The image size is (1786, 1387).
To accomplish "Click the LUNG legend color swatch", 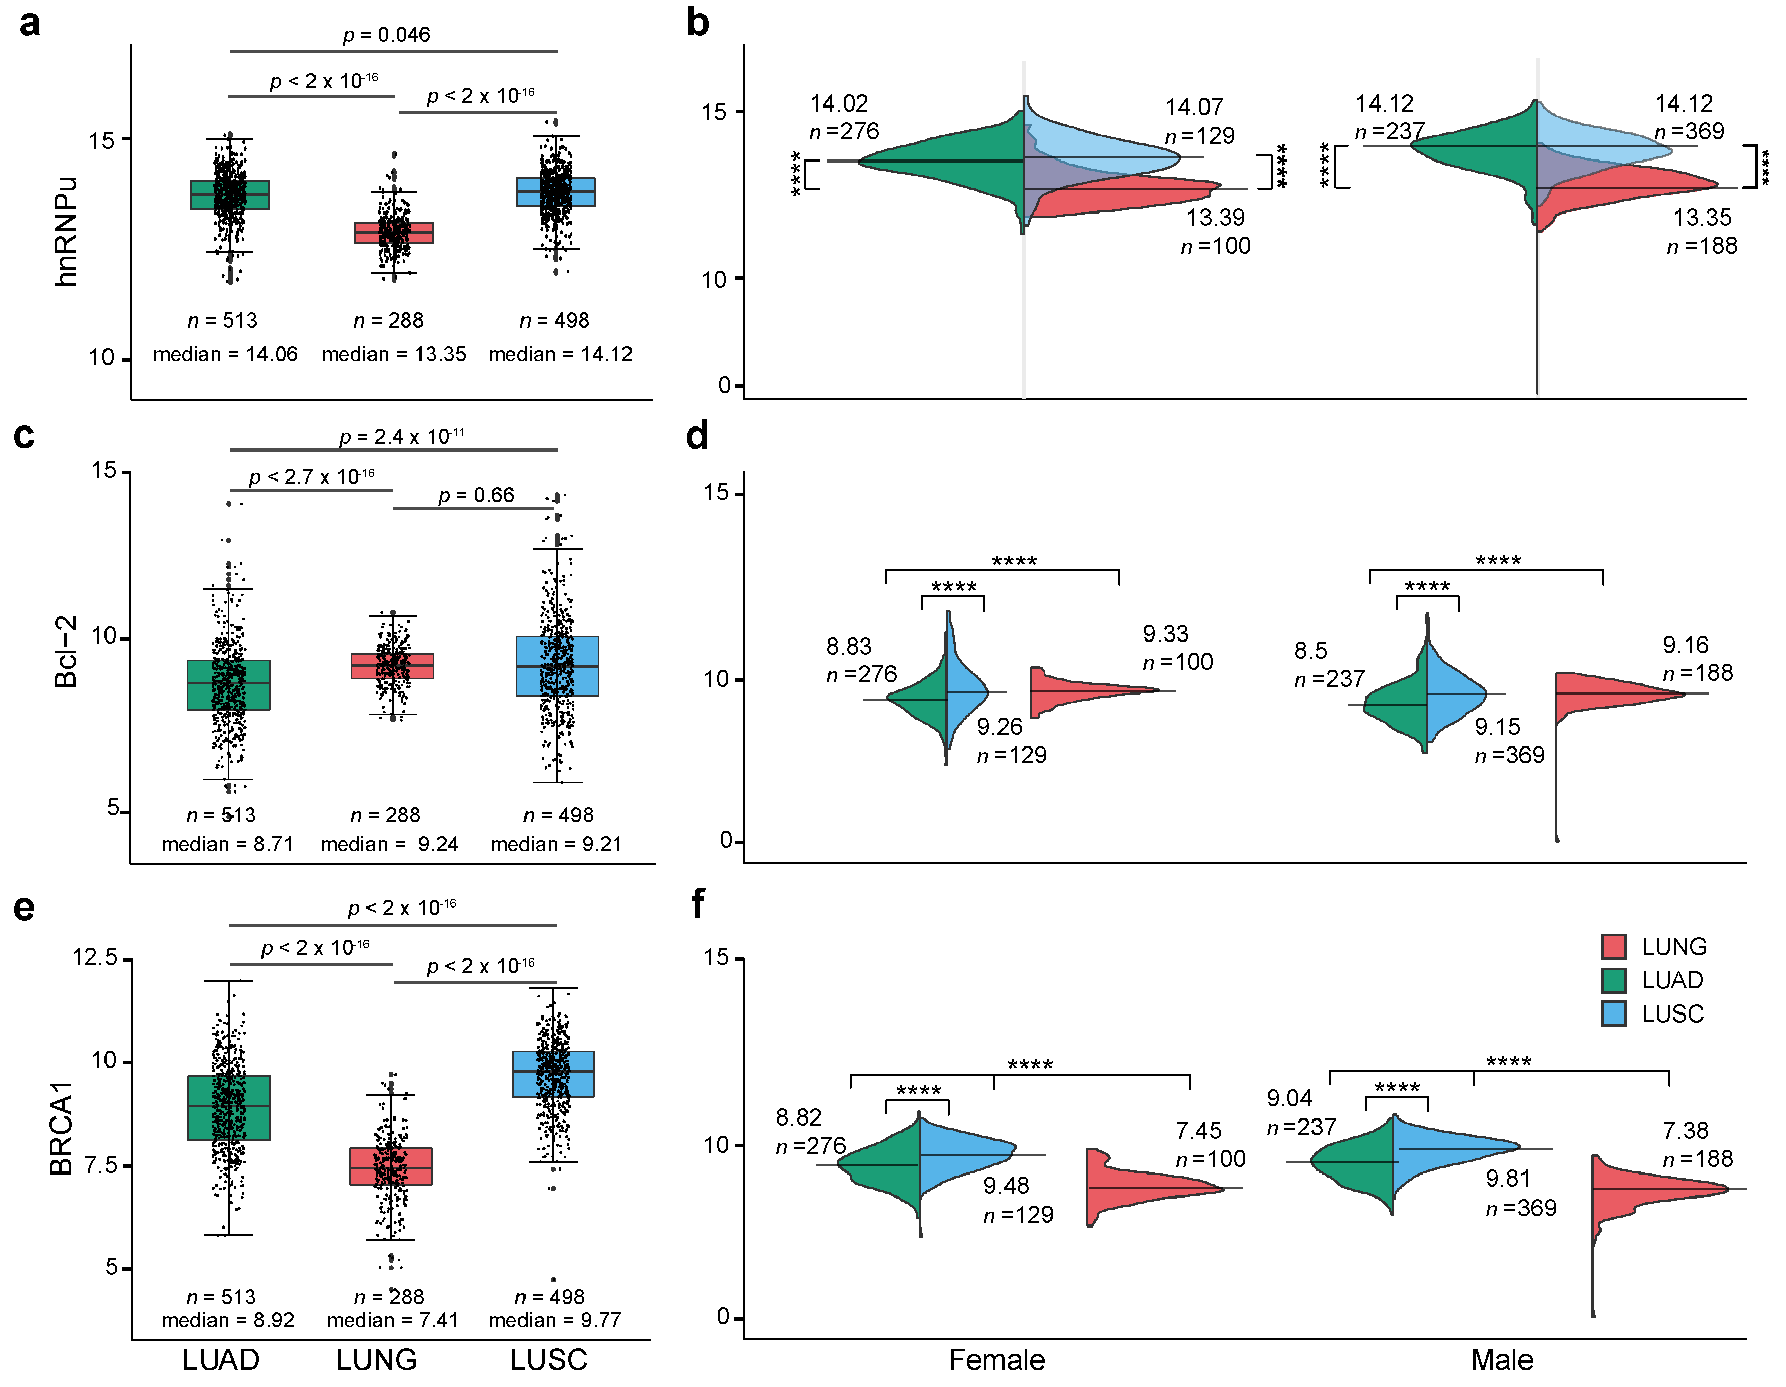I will (1613, 946).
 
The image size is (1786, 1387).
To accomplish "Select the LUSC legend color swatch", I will (1613, 1013).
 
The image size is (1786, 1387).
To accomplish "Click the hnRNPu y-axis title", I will (66, 232).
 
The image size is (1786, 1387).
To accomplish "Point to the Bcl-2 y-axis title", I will (66, 652).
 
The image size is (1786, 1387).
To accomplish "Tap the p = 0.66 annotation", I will (476, 496).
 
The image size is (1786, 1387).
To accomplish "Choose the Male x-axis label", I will (1501, 1360).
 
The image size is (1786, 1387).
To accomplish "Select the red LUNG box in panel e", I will (391, 1166).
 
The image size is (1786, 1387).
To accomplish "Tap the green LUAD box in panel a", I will (230, 195).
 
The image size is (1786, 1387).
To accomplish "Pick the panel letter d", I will (697, 436).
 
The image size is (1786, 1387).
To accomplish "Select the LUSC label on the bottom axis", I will (549, 1360).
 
